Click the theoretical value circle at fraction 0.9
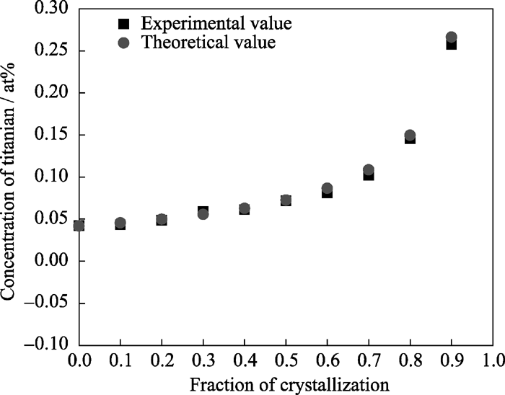[x=452, y=37]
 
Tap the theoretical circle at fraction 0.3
[x=203, y=214]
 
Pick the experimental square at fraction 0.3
[x=203, y=210]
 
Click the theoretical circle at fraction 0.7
[x=369, y=170]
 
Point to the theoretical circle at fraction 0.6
[x=327, y=188]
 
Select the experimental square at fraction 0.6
[x=327, y=193]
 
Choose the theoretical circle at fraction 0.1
[x=120, y=223]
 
